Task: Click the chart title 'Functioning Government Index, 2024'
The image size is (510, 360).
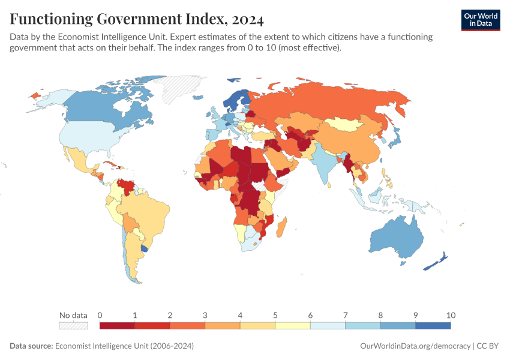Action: (137, 19)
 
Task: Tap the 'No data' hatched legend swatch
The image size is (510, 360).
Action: (73, 326)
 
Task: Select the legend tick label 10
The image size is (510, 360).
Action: (451, 315)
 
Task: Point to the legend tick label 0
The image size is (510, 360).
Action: (100, 315)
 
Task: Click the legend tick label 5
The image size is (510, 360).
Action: (275, 315)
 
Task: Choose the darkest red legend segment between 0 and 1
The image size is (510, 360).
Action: (117, 326)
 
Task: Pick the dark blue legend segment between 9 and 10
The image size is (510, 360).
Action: (433, 326)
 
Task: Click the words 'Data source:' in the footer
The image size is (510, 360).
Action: (31, 346)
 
